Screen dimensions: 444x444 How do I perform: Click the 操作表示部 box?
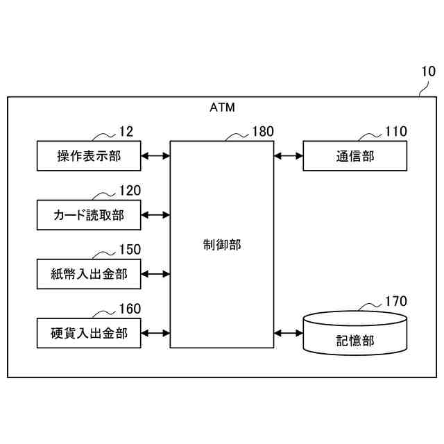pyautogui.click(x=89, y=156)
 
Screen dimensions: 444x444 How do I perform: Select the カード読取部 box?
pyautogui.click(x=89, y=215)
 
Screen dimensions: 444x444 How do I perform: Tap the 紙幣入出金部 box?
pyautogui.click(x=89, y=274)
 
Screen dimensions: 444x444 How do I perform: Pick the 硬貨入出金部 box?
pyautogui.click(x=89, y=333)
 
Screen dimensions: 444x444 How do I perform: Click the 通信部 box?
pyautogui.click(x=355, y=156)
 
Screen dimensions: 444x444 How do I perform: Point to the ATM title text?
pyautogui.click(x=222, y=108)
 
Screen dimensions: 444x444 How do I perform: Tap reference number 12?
pyautogui.click(x=126, y=131)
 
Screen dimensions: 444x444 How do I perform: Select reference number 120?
pyautogui.click(x=130, y=191)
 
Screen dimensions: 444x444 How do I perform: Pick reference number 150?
pyautogui.click(x=130, y=250)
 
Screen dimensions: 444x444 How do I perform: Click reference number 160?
pyautogui.click(x=130, y=309)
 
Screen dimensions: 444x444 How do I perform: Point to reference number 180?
pyautogui.click(x=263, y=131)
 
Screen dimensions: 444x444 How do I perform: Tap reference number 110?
pyautogui.click(x=396, y=131)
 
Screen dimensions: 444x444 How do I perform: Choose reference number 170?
pyautogui.click(x=396, y=301)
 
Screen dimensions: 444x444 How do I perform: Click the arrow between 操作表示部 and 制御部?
pyautogui.click(x=155, y=156)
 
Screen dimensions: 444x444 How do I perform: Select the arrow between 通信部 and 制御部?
pyautogui.click(x=289, y=156)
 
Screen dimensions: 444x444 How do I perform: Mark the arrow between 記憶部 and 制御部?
pyautogui.click(x=289, y=333)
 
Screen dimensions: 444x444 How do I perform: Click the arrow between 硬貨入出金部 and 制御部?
pyautogui.click(x=155, y=333)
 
